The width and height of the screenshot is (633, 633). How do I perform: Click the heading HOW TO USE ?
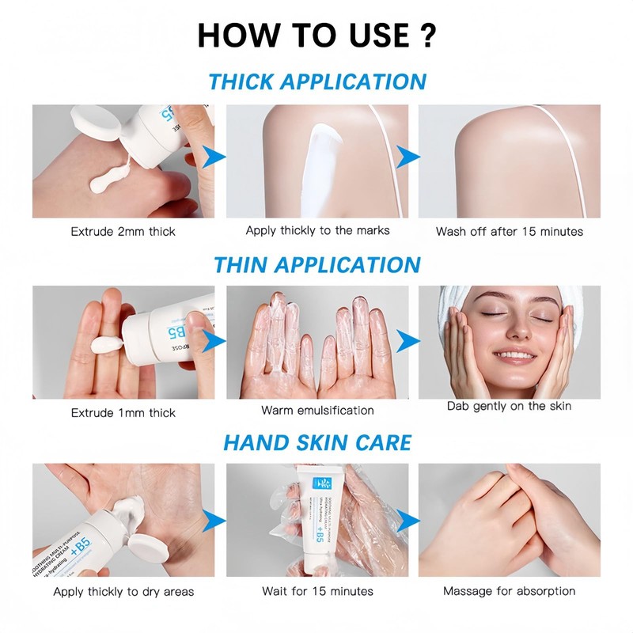(316, 35)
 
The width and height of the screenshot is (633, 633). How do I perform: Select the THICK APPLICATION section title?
(316, 81)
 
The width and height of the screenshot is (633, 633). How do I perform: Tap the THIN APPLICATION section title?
(316, 263)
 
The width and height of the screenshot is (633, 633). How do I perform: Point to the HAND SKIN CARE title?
(316, 442)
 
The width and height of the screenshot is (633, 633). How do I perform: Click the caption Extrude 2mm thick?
(123, 232)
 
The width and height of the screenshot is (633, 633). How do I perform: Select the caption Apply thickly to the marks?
(317, 231)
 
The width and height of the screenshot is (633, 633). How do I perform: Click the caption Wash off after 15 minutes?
(509, 232)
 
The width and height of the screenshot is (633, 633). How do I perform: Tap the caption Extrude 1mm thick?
(123, 412)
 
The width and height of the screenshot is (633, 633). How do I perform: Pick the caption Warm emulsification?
(317, 411)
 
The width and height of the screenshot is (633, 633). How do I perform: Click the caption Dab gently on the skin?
(509, 406)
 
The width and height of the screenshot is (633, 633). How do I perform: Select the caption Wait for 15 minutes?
(317, 591)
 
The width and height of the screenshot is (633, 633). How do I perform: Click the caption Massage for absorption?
(509, 591)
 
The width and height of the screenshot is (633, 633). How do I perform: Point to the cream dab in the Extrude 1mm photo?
(104, 343)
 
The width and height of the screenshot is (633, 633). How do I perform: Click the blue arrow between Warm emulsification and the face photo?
(407, 342)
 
